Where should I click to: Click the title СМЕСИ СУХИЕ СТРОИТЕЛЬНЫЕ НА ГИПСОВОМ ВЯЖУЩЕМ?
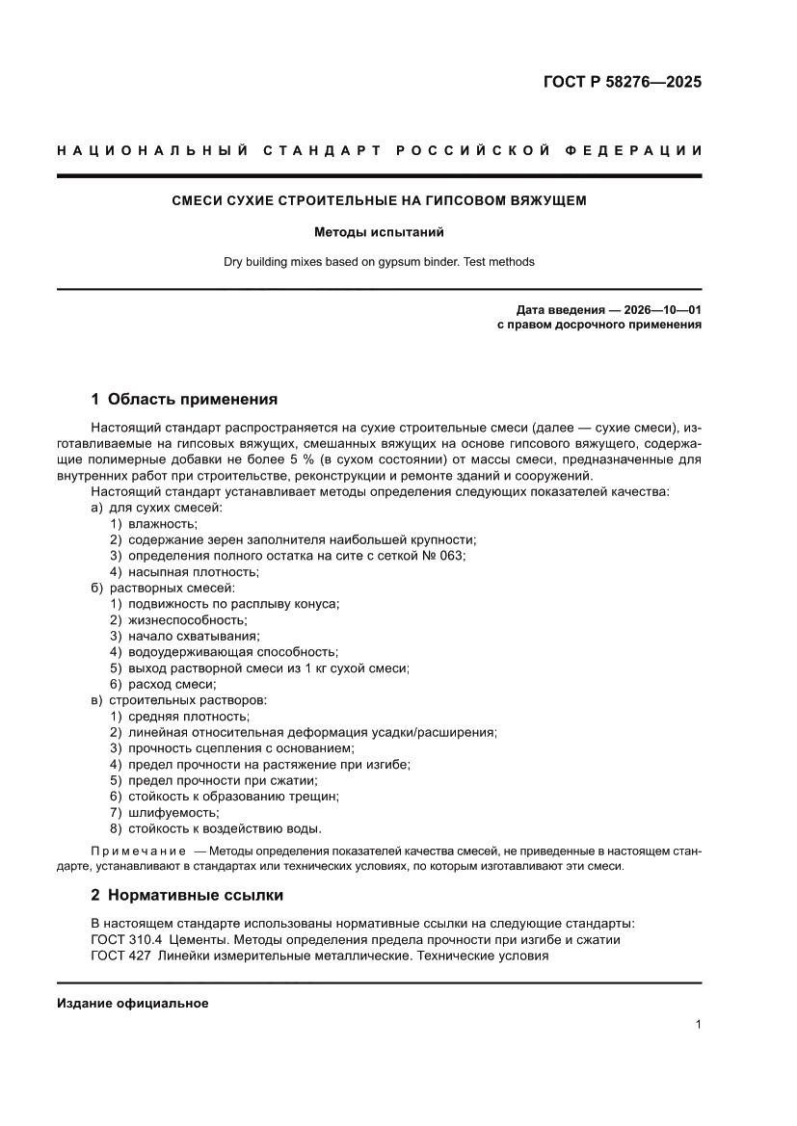coord(379,201)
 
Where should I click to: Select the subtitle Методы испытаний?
coord(379,232)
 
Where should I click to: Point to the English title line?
coord(379,261)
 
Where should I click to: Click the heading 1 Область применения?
coord(184,399)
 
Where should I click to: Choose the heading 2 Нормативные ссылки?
coord(187,895)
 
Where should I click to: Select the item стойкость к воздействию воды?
coord(225,828)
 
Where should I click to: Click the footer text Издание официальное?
coord(133,1003)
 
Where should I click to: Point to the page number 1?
coord(698,1025)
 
